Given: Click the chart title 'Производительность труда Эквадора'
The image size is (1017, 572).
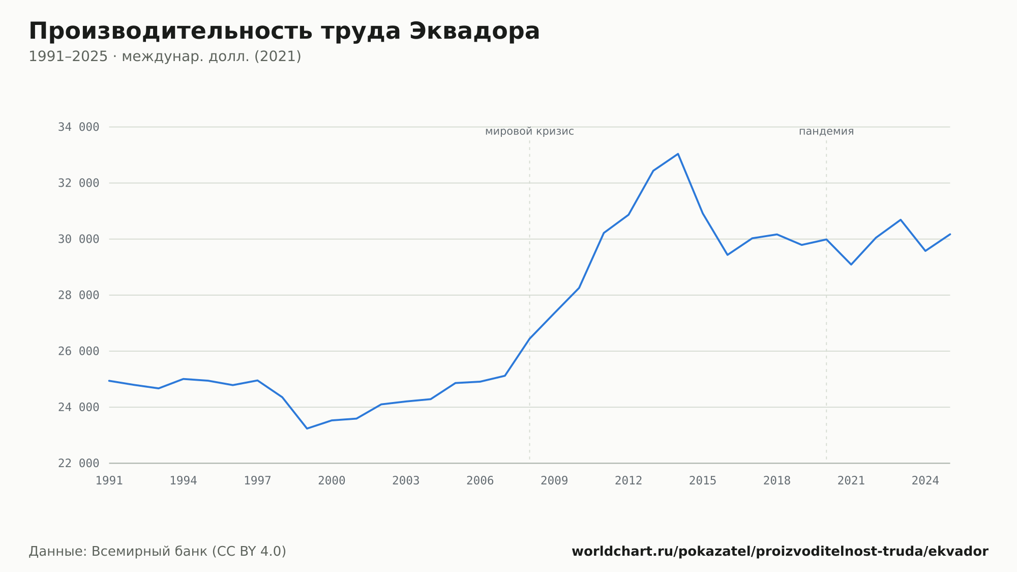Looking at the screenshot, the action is click(x=284, y=32).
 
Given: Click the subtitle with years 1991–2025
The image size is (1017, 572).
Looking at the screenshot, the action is click(x=165, y=56).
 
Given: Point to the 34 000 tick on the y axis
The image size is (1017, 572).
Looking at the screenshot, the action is click(x=78, y=127).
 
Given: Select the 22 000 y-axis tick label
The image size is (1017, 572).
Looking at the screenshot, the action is click(x=78, y=463).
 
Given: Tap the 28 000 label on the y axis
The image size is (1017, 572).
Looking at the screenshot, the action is click(x=78, y=295).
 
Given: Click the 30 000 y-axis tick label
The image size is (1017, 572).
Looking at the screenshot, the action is click(x=78, y=239).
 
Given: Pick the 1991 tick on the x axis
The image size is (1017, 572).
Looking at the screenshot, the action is click(x=109, y=481).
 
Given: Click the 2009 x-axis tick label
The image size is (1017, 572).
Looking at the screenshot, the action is click(x=554, y=481).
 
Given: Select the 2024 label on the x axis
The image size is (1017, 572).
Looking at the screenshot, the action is click(x=925, y=481).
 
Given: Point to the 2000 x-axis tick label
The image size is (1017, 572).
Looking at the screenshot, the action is click(x=332, y=481).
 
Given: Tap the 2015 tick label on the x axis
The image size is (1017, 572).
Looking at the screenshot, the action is click(x=703, y=481).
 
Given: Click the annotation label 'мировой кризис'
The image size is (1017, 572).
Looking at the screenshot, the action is click(x=529, y=132).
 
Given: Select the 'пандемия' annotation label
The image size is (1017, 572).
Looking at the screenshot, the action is click(x=826, y=132).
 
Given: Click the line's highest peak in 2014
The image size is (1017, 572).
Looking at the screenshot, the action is click(x=678, y=154).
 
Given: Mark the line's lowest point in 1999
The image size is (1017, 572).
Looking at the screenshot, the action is click(x=307, y=428).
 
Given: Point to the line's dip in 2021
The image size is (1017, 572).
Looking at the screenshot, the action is click(x=851, y=264).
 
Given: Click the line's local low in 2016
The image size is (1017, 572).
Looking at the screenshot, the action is click(x=728, y=254).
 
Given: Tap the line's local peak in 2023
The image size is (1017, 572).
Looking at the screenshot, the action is click(x=901, y=220).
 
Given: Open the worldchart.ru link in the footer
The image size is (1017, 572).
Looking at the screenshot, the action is click(x=780, y=552).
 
